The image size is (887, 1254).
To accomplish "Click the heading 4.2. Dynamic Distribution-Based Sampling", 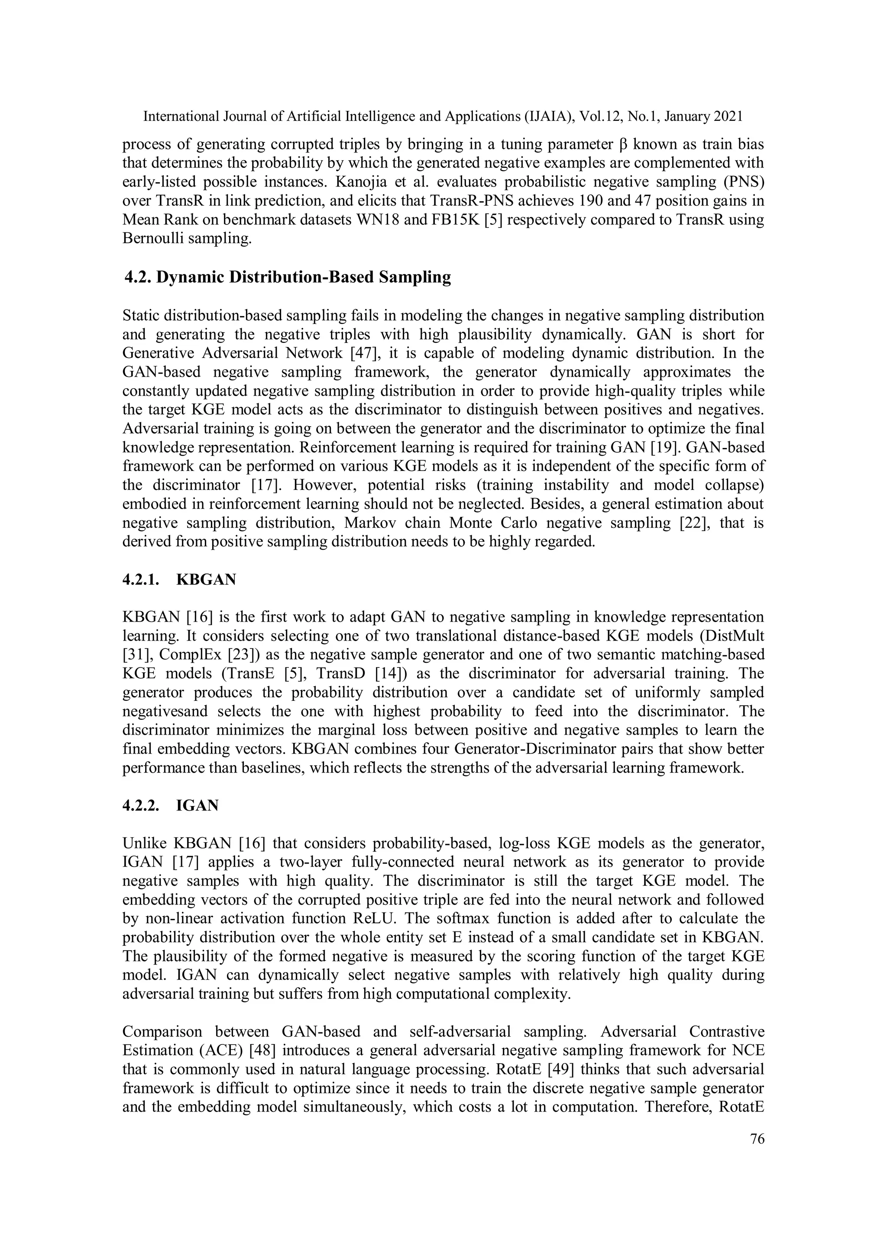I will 288,277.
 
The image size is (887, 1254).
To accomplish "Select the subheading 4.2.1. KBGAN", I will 179,580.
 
